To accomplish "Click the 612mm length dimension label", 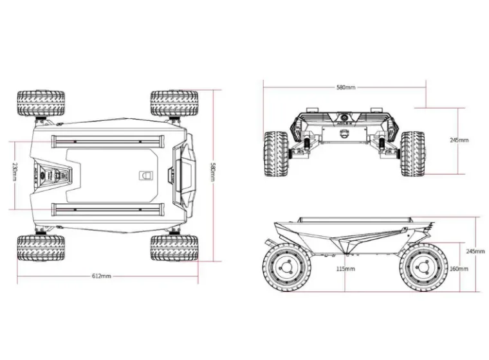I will pyautogui.click(x=102, y=276).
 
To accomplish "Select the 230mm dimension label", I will pyautogui.click(x=14, y=172).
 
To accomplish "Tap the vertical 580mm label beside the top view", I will pyautogui.click(x=213, y=172).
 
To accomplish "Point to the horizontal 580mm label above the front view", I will pyautogui.click(x=346, y=87).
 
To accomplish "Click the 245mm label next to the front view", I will pyautogui.click(x=459, y=139).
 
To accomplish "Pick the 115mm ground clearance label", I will pyautogui.click(x=346, y=269).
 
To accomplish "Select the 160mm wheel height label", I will pyautogui.click(x=458, y=269).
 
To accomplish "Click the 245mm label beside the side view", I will pyautogui.click(x=475, y=251).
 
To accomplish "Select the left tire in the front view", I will pyautogui.click(x=275, y=153).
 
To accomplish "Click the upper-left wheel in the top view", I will pyautogui.click(x=41, y=104).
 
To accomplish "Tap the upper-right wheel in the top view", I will pyautogui.click(x=175, y=103).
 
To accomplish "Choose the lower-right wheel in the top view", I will pyautogui.click(x=175, y=248).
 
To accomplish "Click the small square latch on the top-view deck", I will pyautogui.click(x=146, y=175).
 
